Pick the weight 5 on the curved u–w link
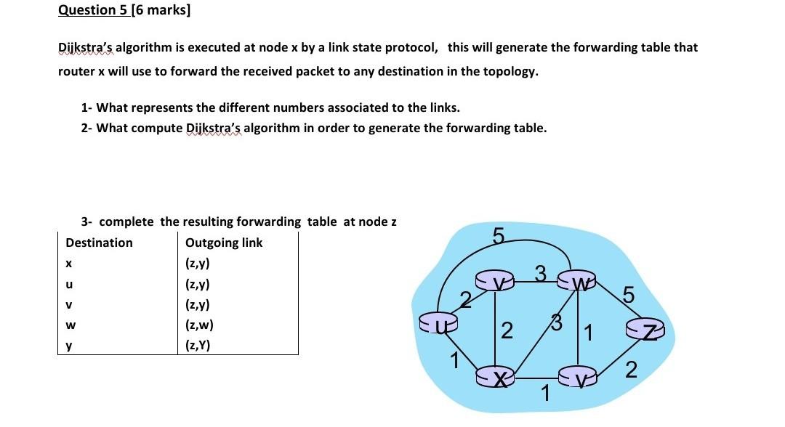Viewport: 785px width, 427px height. pos(498,236)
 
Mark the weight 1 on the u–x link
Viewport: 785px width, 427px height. pos(454,358)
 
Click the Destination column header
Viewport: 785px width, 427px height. pos(99,243)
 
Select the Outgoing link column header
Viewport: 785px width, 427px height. pos(224,243)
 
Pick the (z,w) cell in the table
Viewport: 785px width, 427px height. pos(199,326)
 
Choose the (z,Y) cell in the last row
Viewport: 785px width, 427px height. pos(198,346)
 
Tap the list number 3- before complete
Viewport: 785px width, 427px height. pos(88,221)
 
